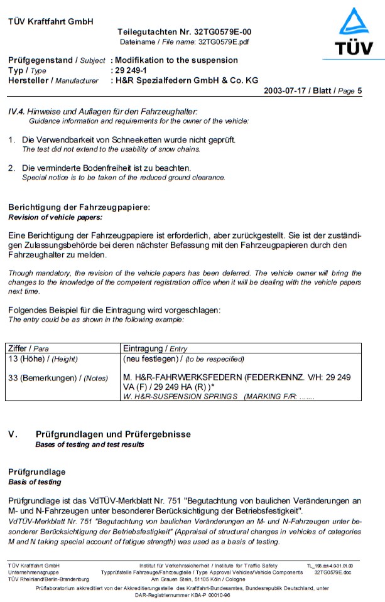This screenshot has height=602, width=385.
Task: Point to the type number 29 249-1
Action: pos(132,70)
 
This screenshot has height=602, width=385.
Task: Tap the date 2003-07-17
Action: pos(288,90)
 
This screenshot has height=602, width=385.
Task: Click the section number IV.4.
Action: pos(16,111)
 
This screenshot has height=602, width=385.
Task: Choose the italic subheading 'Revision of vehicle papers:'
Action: pos(55,217)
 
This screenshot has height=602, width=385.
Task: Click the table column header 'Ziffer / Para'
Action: pos(28,348)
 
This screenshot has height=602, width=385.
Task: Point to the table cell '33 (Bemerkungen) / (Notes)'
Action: pos(57,377)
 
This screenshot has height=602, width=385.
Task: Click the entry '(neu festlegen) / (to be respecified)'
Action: pos(183,359)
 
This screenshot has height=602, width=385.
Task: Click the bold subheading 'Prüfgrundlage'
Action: pos(36,472)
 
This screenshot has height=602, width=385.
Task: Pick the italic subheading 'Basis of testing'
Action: pos(35,482)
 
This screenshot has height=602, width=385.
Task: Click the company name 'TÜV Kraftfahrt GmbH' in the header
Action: pos(51,21)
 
